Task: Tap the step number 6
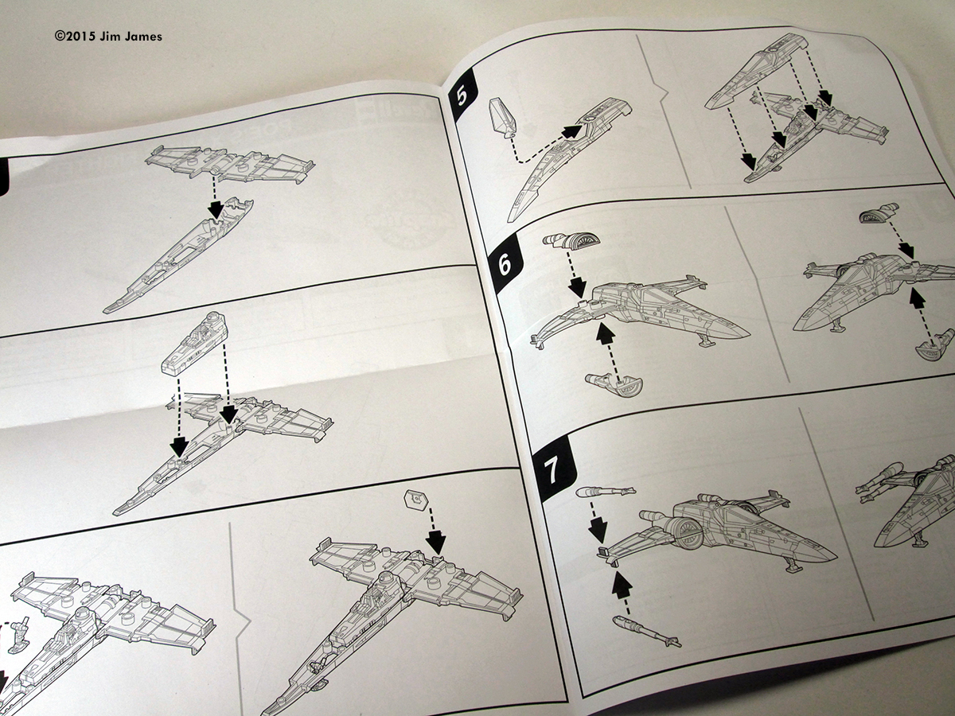pyautogui.click(x=504, y=264)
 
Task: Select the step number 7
pyautogui.click(x=552, y=471)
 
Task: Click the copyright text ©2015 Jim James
pyautogui.click(x=108, y=36)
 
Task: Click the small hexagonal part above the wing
pyautogui.click(x=415, y=500)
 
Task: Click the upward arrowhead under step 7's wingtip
pyautogui.click(x=622, y=585)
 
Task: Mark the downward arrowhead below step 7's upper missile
pyautogui.click(x=598, y=529)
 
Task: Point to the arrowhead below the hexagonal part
pyautogui.click(x=435, y=543)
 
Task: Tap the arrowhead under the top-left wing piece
pyautogui.click(x=213, y=208)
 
